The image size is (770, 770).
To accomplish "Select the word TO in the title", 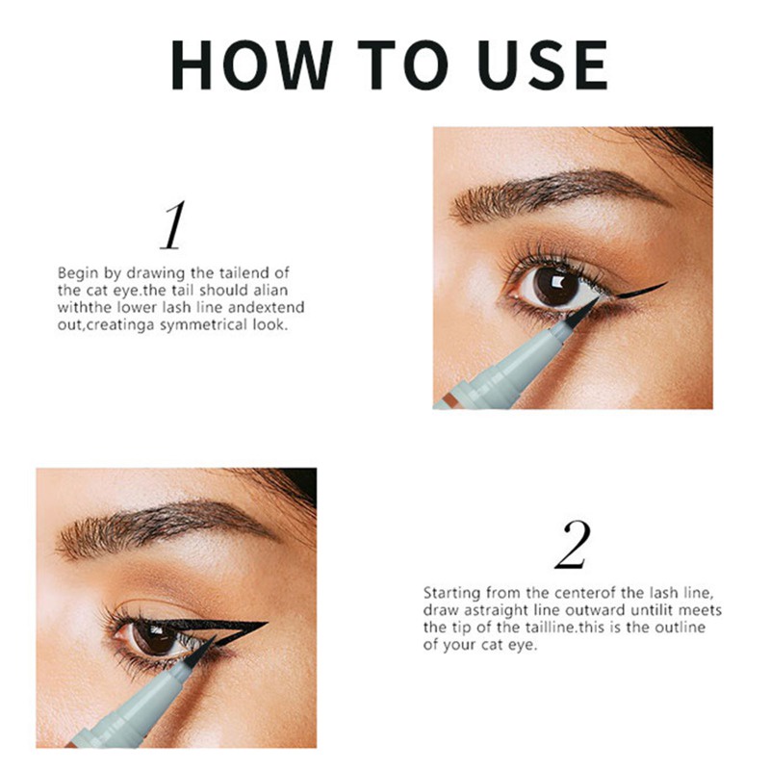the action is click(402, 64).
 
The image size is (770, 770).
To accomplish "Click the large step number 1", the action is click(173, 225).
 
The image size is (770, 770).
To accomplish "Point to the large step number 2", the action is click(573, 545).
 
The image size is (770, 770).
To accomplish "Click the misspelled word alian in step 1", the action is click(270, 291).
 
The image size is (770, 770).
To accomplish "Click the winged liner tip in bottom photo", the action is click(266, 624).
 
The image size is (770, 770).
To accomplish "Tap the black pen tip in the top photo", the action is click(583, 313).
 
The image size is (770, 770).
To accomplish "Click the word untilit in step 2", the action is click(653, 610).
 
